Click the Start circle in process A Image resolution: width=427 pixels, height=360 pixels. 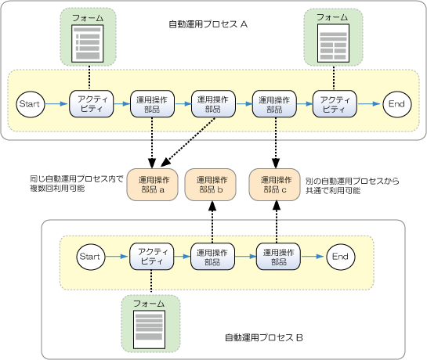pos(31,104)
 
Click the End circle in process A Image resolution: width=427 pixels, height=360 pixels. pos(397,104)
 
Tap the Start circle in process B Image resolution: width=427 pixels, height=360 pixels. pos(90,257)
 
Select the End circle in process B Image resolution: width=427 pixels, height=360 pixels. pos(341,257)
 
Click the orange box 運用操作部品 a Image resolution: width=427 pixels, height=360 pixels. pos(152,185)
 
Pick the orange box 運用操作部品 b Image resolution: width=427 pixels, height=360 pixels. pos(211,185)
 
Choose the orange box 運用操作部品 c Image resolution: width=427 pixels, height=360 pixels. pos(274,185)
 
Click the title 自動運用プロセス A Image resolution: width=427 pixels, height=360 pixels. pos(208,24)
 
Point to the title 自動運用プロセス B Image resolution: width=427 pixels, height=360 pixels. pos(264,337)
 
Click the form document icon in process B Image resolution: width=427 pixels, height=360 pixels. pos(149,329)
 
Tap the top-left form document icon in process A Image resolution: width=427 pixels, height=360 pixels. pos(88,44)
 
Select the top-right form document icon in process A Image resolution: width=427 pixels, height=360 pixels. pos(333,43)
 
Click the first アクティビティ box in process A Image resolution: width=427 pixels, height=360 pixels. pos(91,104)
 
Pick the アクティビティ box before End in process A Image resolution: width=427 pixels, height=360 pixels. pos(335,104)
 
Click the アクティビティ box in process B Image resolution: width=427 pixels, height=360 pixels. pos(151,257)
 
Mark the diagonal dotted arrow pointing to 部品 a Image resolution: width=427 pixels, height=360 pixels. pos(188,142)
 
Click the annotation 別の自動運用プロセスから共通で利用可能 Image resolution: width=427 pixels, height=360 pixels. pos(352,185)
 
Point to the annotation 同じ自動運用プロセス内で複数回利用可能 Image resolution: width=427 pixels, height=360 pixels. pos(77,184)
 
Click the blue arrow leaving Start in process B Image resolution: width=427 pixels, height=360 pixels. pos(116,257)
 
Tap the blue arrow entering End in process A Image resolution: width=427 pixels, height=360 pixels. pos(369,103)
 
